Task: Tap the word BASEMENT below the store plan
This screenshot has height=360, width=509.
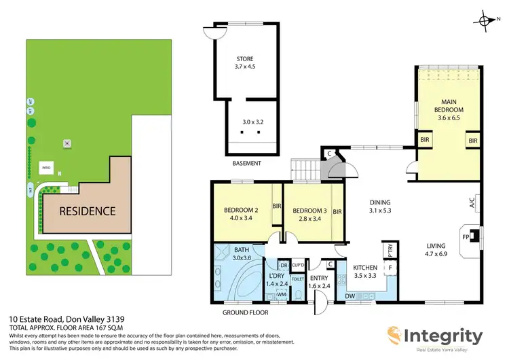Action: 246,163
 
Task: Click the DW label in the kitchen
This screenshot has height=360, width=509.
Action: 350,296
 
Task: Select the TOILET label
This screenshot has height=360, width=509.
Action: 298,278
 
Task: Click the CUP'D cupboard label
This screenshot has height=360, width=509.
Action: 297,264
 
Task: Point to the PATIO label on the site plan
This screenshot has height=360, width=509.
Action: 47,166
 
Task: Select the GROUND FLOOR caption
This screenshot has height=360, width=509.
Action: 246,312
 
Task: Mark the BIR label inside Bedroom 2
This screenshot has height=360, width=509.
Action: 276,206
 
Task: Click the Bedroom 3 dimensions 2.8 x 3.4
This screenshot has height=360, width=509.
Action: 309,219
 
